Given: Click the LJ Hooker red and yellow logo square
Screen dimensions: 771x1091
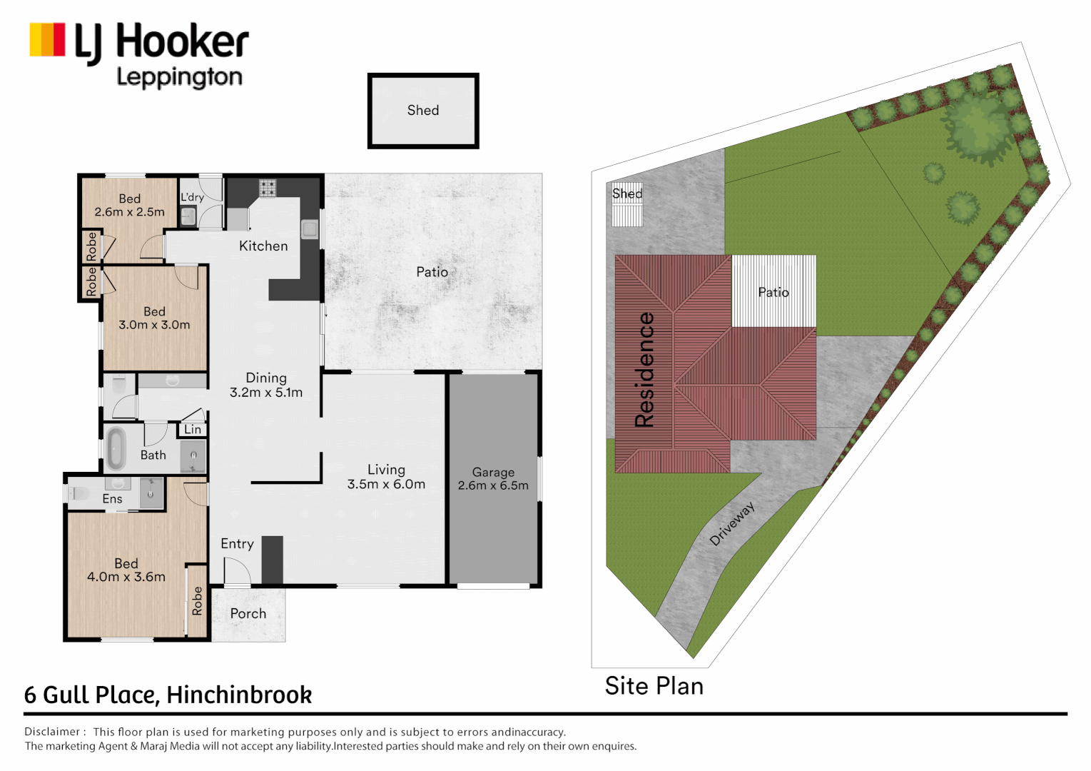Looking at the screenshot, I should [x=47, y=39].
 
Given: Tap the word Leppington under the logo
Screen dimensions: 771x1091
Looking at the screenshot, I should [x=179, y=77].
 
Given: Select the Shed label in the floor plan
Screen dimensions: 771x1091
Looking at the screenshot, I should [x=423, y=111].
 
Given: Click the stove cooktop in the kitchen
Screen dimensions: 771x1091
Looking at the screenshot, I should [x=268, y=188].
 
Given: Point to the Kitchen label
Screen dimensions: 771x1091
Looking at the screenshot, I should [x=263, y=246].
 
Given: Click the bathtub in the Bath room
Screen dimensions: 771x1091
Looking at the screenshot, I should [x=116, y=448].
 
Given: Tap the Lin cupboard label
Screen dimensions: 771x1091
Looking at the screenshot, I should [x=193, y=429].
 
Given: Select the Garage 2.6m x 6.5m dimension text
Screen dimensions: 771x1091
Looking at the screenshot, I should [x=493, y=485].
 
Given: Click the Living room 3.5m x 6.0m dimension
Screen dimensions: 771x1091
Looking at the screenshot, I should [x=386, y=484].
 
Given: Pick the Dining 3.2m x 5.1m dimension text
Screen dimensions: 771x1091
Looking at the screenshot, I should [x=266, y=392].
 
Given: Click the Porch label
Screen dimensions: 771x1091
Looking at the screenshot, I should [x=248, y=613].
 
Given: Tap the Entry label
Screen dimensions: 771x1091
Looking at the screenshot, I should [x=237, y=544].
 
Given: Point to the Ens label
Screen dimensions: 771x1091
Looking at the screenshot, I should [x=112, y=499].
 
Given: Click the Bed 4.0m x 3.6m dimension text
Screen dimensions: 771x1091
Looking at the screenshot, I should [x=126, y=577].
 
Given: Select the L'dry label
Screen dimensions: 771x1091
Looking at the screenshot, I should [x=192, y=197].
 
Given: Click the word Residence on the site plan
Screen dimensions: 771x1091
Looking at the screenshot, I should [x=644, y=369].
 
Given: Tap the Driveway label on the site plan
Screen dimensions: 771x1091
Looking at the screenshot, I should [x=732, y=523].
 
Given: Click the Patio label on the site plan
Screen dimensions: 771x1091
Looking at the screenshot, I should [x=773, y=292].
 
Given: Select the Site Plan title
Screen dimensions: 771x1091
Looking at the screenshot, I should [x=654, y=686].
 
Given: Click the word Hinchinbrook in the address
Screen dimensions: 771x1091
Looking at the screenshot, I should [x=239, y=695].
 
